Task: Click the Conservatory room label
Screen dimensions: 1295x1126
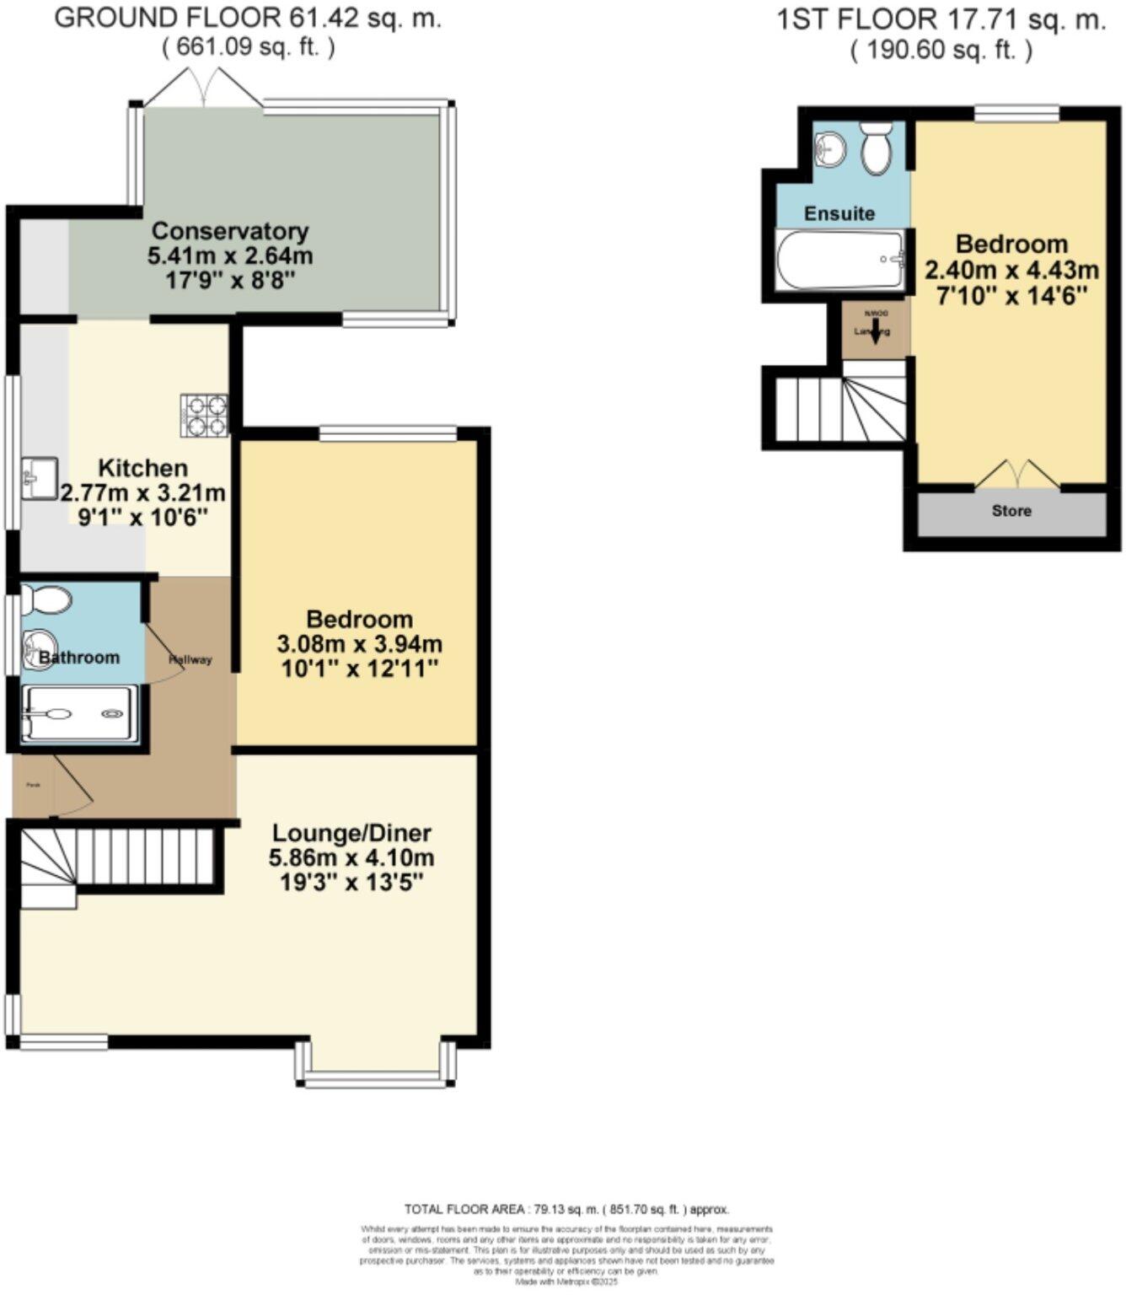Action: (x=229, y=231)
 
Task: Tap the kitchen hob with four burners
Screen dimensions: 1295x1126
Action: (x=205, y=416)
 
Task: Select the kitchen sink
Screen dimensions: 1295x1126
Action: (x=39, y=478)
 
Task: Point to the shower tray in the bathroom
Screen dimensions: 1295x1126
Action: (x=79, y=714)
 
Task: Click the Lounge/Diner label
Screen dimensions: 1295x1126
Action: (x=351, y=833)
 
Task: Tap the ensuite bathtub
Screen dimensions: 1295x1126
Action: (x=840, y=261)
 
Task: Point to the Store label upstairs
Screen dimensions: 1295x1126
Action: (x=1011, y=511)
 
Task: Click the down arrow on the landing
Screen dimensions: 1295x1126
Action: (x=874, y=330)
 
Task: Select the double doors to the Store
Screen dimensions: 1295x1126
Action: (x=1017, y=475)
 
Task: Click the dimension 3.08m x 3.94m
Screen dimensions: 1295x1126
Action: (x=360, y=644)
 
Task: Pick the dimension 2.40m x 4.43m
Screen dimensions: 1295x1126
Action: (x=1011, y=270)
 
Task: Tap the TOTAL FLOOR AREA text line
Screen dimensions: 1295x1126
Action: (x=566, y=1209)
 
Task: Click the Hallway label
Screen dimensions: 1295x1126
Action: (x=190, y=659)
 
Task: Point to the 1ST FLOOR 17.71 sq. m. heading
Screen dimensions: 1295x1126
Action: (x=941, y=19)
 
